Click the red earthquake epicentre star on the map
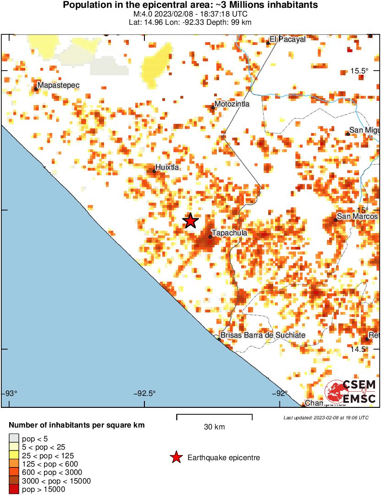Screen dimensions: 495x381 point(190,221)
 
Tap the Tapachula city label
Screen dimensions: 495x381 point(229,233)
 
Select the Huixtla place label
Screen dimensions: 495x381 point(167,167)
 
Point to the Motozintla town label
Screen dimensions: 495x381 point(232,104)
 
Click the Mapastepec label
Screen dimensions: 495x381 point(59,85)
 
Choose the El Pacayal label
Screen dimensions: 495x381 point(287,39)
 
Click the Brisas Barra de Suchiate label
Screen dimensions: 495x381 point(263,335)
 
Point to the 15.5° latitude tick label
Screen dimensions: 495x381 point(359,71)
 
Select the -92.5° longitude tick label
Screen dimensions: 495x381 point(145,394)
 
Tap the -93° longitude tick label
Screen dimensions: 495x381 point(11,394)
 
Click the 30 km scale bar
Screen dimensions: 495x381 point(214,416)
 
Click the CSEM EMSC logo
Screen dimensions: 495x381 point(351,392)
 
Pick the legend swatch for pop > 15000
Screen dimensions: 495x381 point(14,489)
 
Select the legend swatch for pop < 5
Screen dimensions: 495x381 point(14,439)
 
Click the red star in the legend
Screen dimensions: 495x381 point(175,457)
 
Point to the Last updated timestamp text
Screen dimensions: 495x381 point(326,417)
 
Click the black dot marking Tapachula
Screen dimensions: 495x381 point(210,237)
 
